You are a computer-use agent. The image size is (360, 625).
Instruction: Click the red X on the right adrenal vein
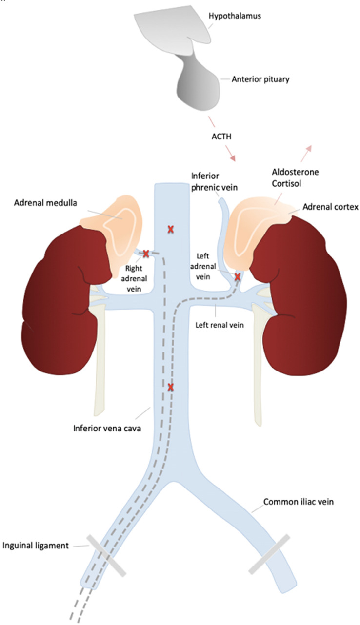tap(145, 253)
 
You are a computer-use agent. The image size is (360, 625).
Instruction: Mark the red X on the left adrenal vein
tap(238, 277)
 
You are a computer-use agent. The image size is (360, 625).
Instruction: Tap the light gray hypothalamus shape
tap(166, 27)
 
